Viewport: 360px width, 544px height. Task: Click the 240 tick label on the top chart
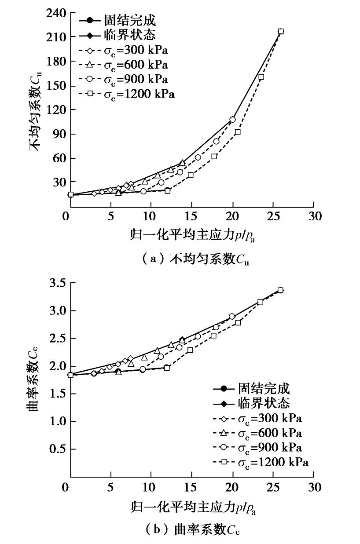pos(55,14)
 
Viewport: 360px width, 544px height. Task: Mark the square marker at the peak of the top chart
pos(281,32)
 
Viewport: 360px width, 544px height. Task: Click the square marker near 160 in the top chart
pos(261,77)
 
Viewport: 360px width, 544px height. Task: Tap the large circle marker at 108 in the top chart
pos(232,120)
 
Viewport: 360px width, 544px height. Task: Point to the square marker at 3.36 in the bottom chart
pos(280,290)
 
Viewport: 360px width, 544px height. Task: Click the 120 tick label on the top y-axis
pos(55,110)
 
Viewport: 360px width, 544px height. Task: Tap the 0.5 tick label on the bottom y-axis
pos(57,449)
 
